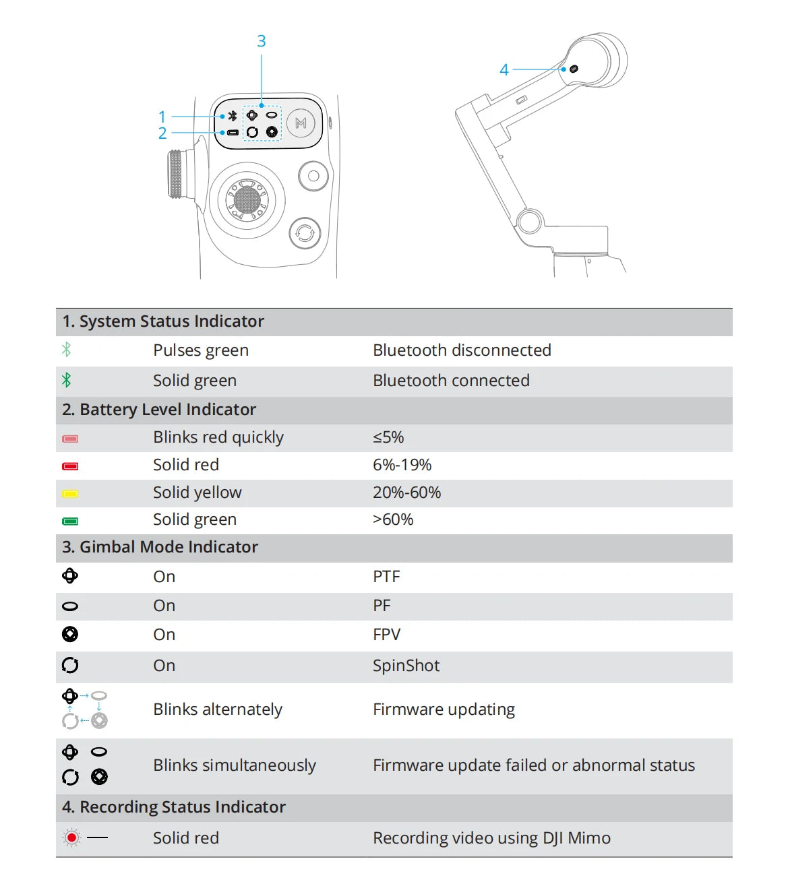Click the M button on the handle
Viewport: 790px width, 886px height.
301,124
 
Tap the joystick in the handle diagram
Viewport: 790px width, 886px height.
247,201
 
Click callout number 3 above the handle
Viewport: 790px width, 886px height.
261,41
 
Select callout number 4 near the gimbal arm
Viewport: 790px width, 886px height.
504,69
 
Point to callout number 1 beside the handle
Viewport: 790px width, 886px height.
162,117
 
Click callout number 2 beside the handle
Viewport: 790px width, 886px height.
162,133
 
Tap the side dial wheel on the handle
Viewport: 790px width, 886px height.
177,174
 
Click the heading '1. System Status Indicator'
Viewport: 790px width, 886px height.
163,321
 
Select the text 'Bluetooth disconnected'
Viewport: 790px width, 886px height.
462,350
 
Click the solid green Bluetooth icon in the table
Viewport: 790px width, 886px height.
67,380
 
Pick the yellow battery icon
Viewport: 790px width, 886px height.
70,494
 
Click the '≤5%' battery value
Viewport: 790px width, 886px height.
388,437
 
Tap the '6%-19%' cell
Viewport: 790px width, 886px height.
402,465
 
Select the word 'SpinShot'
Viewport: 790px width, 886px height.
406,666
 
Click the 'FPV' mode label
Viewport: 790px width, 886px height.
386,635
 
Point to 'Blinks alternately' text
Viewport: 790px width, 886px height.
218,709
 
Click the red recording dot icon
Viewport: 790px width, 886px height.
71,838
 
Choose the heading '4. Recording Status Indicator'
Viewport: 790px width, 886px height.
174,807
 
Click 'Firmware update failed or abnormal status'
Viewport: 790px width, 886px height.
534,765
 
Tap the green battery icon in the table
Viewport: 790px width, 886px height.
70,521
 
